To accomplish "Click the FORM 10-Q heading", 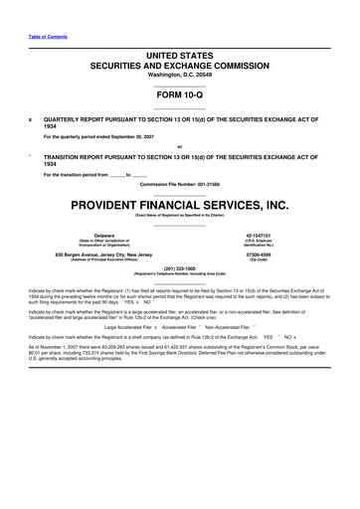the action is [x=180, y=96].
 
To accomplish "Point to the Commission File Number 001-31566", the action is [x=180, y=184].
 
